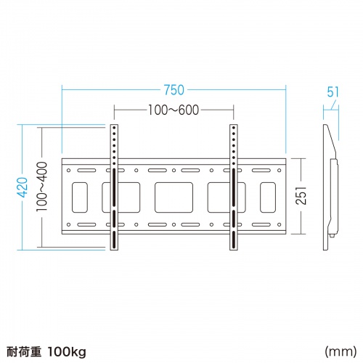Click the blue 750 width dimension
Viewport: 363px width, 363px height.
[174, 90]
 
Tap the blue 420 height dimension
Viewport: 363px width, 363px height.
[24, 187]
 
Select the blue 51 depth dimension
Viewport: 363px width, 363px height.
[333, 91]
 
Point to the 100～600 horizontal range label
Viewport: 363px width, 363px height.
[174, 110]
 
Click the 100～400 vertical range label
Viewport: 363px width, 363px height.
[41, 187]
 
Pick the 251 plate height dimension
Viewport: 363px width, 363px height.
[301, 196]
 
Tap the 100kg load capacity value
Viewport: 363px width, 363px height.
[67, 351]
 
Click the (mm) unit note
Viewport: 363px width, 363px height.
[340, 351]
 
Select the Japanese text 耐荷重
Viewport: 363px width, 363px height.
[24, 351]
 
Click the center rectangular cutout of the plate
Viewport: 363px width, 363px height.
[174, 197]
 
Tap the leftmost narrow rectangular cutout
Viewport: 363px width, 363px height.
[80, 197]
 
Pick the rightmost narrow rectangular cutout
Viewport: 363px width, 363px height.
[268, 197]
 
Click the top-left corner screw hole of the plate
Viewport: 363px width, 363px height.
[68, 171]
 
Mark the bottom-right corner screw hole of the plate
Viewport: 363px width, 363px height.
[280, 224]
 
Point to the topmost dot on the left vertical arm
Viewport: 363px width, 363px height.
[114, 128]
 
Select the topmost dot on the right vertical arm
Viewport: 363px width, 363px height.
[234, 128]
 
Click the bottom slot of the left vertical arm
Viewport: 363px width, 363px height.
[114, 240]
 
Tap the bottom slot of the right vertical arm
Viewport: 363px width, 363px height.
[234, 240]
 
